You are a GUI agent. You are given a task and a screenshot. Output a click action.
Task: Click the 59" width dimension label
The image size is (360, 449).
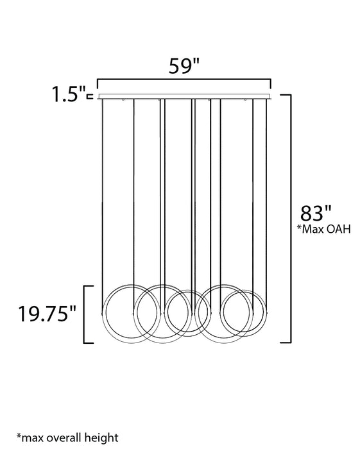[x=184, y=66]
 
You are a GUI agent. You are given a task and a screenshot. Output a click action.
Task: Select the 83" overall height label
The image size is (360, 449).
[x=316, y=213]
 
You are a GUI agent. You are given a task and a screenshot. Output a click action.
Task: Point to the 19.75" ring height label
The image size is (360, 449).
[x=47, y=314]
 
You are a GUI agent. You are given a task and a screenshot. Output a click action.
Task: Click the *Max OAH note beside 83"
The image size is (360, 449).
[x=323, y=229]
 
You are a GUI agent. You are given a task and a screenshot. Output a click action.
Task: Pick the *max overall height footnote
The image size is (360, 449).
[x=67, y=437]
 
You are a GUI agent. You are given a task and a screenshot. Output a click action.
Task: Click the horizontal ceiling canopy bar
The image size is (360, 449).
[x=184, y=96]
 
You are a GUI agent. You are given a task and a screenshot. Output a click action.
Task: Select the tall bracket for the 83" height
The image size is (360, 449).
[x=291, y=218]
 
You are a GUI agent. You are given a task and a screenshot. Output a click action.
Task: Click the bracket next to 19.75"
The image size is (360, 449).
[x=84, y=314]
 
